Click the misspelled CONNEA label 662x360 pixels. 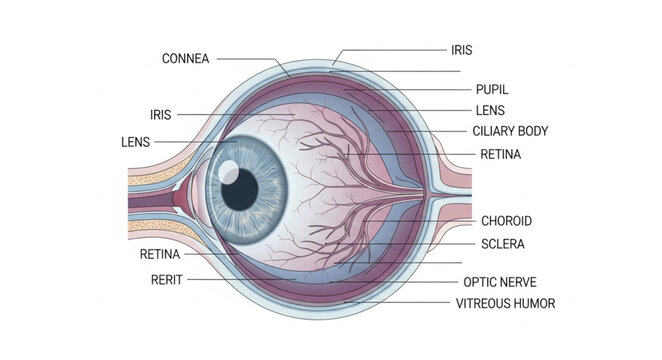185,59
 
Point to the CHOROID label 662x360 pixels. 506,221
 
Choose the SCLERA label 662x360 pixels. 503,243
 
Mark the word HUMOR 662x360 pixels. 534,303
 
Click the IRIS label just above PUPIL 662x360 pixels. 462,48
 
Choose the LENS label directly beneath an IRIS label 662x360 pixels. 135,142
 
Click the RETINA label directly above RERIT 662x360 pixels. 160,254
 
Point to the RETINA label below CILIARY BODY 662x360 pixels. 500,155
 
